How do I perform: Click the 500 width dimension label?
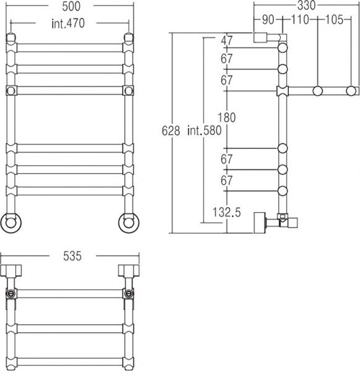71,6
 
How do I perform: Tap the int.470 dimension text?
68,23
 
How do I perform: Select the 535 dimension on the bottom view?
72,256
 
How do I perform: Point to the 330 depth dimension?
307,6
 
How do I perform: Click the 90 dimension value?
268,20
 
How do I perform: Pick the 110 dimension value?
299,20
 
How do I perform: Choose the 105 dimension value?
334,20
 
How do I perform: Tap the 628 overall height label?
171,130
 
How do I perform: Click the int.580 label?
204,130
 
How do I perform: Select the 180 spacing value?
226,117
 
